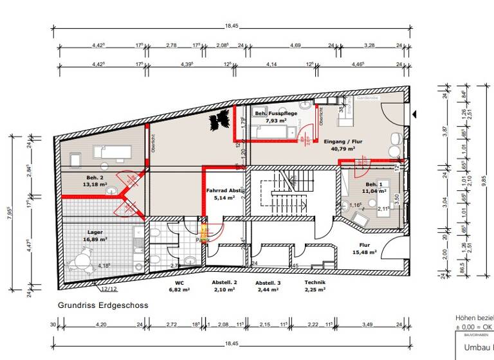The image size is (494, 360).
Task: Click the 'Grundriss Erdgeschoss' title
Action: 102,306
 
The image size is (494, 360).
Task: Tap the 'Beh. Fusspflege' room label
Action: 275,114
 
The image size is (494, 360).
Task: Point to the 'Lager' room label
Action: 95,232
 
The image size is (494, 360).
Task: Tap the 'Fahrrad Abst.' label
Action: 224,190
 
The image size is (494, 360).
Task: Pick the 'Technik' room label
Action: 315,283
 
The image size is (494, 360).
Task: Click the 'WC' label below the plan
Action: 179,283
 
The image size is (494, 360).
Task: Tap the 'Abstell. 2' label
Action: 225,283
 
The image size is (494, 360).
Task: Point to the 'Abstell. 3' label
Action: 268,283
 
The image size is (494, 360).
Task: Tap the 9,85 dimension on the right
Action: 485,181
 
